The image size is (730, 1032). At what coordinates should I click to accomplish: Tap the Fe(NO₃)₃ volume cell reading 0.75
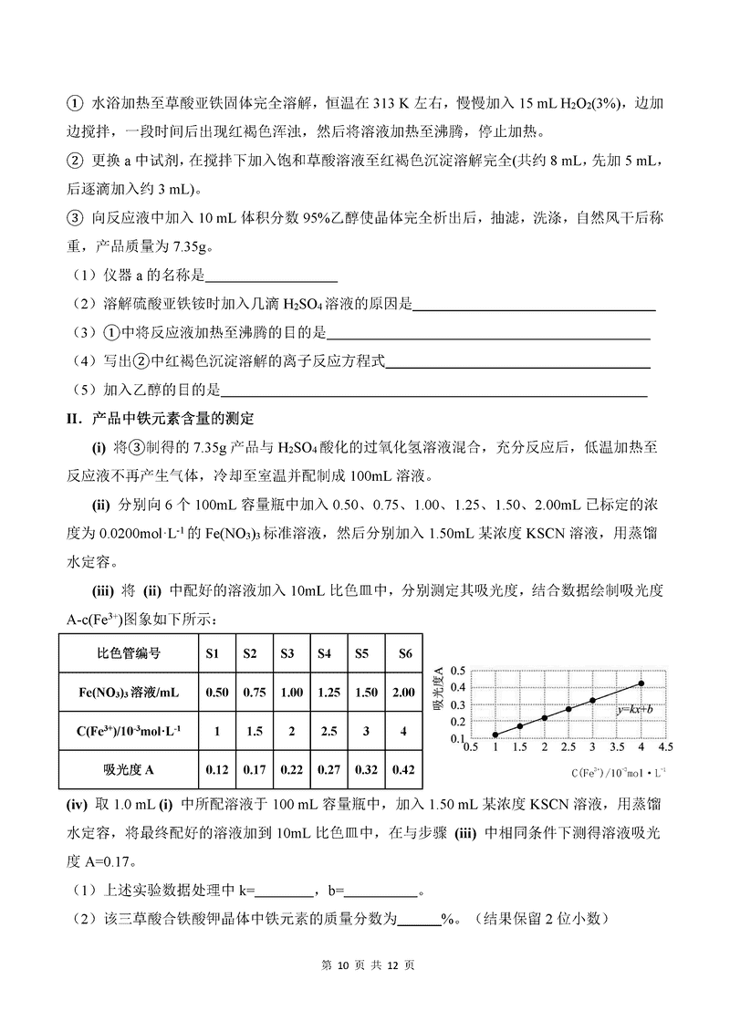[x=250, y=693]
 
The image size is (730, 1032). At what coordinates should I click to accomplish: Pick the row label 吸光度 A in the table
[x=129, y=769]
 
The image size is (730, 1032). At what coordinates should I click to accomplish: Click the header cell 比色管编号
[x=129, y=653]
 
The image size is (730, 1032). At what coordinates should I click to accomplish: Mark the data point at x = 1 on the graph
[x=495, y=735]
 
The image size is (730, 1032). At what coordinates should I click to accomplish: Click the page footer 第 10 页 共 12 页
[x=365, y=964]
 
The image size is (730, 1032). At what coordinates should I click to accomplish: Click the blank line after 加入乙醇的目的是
[x=434, y=391]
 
